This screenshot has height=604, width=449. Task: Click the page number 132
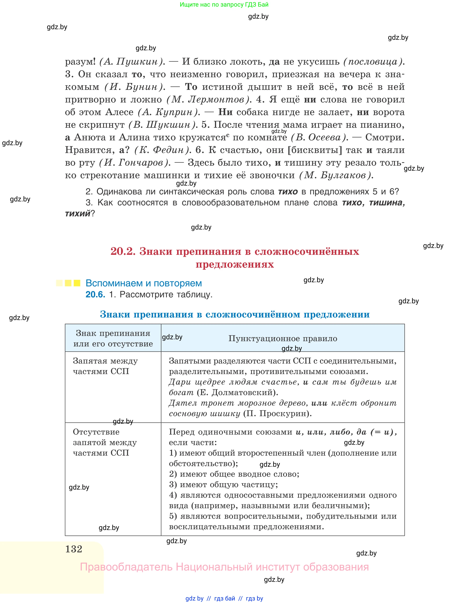click(x=74, y=549)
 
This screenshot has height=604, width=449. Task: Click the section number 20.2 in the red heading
click(x=123, y=251)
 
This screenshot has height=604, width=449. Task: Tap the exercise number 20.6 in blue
click(x=95, y=294)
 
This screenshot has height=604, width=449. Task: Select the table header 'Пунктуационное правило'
click(x=283, y=338)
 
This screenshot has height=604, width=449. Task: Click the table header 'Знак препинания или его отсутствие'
click(x=113, y=338)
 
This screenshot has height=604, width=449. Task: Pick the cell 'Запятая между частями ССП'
click(x=105, y=366)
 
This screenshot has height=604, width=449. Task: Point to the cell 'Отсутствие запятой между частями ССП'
click(x=105, y=442)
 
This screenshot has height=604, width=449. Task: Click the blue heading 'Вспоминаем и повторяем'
click(x=144, y=283)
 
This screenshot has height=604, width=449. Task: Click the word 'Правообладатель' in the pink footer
click(x=126, y=567)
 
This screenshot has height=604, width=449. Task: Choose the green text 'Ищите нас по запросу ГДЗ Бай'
click(x=224, y=5)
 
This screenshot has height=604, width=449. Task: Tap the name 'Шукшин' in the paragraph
click(x=168, y=125)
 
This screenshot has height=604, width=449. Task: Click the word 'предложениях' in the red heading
click(x=234, y=264)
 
